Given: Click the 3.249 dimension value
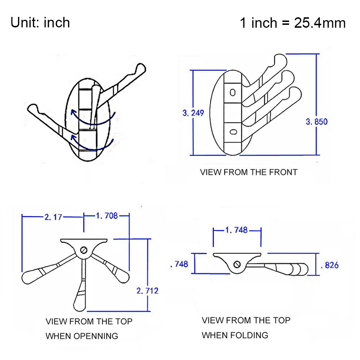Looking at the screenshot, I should pyautogui.click(x=193, y=113).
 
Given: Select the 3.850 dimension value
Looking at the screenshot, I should pyautogui.click(x=317, y=121).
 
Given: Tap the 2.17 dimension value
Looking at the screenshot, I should pyautogui.click(x=53, y=217).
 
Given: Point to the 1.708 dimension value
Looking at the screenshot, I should pyautogui.click(x=107, y=216).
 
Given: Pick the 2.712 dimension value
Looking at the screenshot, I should pyautogui.click(x=148, y=290).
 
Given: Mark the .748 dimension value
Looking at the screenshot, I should pyautogui.click(x=179, y=264).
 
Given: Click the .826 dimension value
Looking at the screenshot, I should pyautogui.click(x=329, y=265).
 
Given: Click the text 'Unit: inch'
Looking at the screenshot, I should pyautogui.click(x=40, y=23).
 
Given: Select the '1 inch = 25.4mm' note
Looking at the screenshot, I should pyautogui.click(x=293, y=23).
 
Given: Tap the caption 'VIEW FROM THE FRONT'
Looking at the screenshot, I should pyautogui.click(x=249, y=172).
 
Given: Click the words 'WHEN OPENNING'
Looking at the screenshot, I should pyautogui.click(x=82, y=336).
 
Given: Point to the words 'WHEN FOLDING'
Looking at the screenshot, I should pyautogui.click(x=235, y=335).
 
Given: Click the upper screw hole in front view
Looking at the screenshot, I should pyautogui.click(x=233, y=93).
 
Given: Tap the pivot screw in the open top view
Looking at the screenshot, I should pyautogui.click(x=84, y=250).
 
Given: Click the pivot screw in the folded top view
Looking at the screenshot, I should pyautogui.click(x=237, y=265).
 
